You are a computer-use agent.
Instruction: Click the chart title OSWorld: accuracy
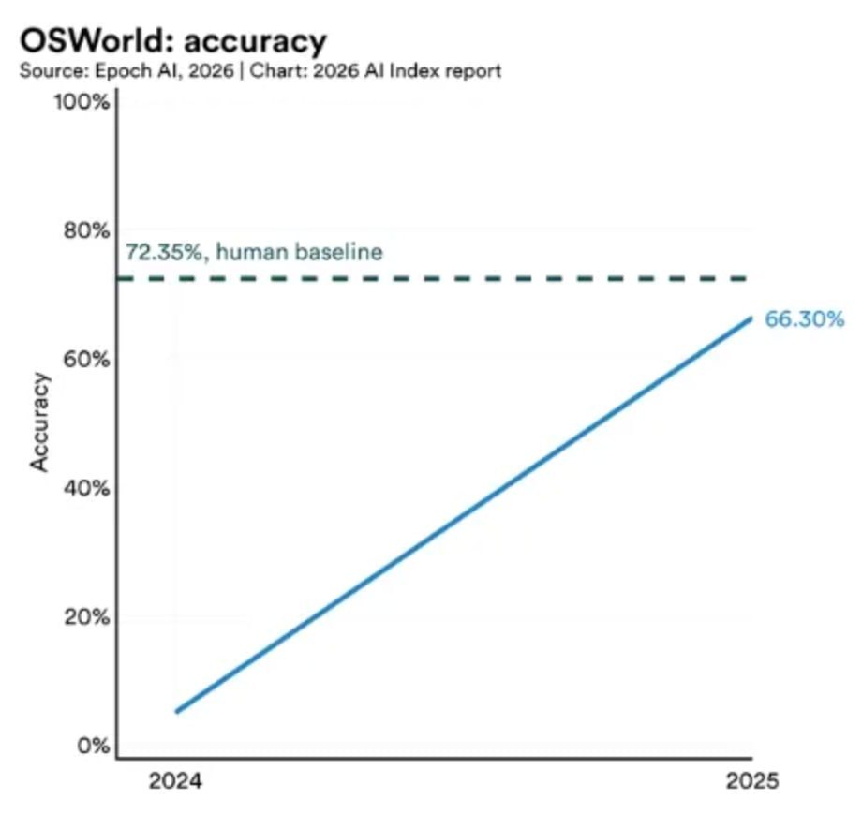[172, 41]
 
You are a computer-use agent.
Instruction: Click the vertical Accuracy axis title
[39, 422]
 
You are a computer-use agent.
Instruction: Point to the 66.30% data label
[805, 319]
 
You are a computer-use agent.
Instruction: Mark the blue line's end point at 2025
[751, 318]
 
